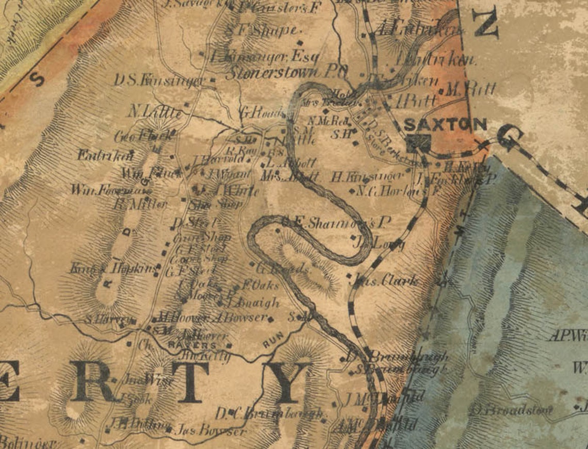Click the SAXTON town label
(445, 124)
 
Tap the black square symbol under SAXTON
(417, 143)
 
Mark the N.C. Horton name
(388, 191)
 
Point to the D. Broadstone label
(511, 410)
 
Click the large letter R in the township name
(93, 381)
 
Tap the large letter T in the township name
(189, 381)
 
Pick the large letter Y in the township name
(287, 382)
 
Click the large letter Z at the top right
(485, 25)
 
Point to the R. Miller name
(140, 204)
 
